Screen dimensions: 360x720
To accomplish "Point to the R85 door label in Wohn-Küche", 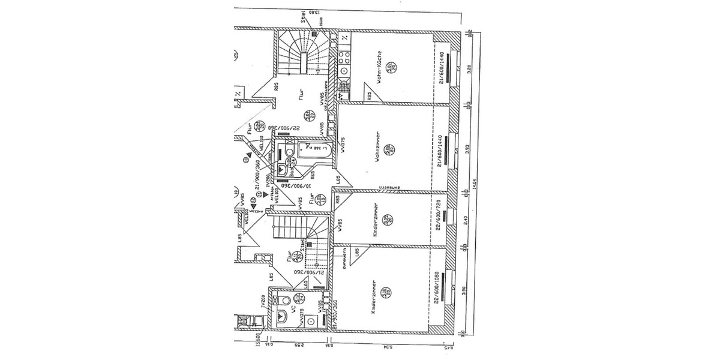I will tap(370, 94).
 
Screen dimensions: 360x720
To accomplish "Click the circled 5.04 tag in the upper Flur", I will tap(308, 115).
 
